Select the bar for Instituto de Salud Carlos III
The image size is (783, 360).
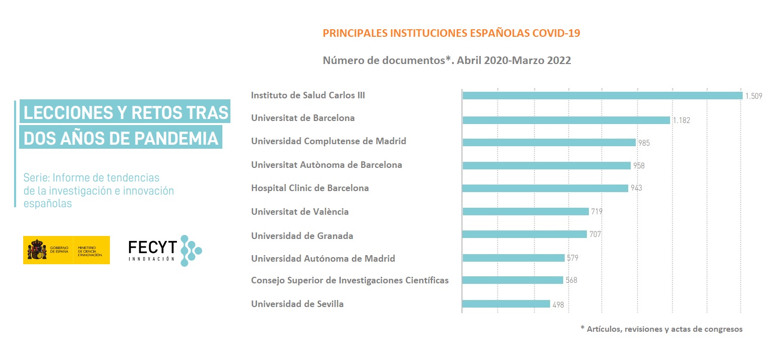click(x=602, y=95)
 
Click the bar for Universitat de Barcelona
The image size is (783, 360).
click(x=566, y=120)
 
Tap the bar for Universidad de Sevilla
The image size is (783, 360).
click(x=506, y=304)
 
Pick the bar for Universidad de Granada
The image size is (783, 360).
click(x=524, y=234)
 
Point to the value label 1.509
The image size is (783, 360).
click(x=754, y=96)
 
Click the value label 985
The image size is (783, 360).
click(x=643, y=143)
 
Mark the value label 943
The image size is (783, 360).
click(x=636, y=188)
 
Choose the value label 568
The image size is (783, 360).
click(x=571, y=280)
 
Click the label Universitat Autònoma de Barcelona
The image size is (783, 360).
click(x=326, y=165)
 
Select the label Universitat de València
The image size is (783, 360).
click(x=299, y=212)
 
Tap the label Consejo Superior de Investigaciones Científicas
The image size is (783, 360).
click(x=349, y=280)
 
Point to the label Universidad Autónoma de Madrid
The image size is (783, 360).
click(x=323, y=259)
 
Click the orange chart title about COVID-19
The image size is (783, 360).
click(x=451, y=33)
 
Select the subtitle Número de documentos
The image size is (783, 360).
click(x=447, y=61)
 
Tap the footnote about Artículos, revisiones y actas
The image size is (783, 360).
click(x=661, y=329)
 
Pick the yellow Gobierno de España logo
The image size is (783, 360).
click(x=66, y=250)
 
